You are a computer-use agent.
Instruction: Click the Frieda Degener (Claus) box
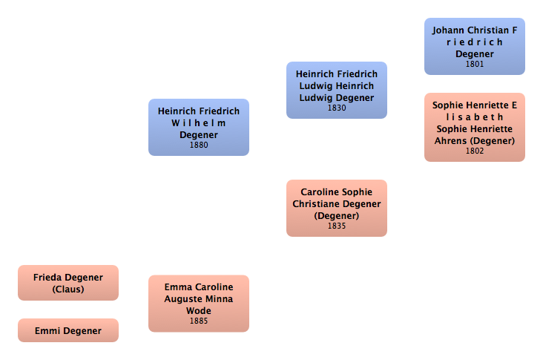(x=68, y=283)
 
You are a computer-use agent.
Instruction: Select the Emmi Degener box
(x=68, y=330)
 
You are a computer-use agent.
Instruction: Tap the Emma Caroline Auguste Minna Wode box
(x=199, y=303)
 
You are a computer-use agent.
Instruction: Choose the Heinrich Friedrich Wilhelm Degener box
(x=199, y=127)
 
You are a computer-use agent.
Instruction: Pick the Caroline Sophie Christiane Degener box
(x=337, y=208)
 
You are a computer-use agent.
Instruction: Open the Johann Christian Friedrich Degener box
(x=475, y=46)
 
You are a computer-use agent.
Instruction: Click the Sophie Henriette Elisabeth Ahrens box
(x=475, y=127)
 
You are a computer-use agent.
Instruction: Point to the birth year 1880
(x=199, y=145)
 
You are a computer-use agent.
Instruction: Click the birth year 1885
(x=199, y=321)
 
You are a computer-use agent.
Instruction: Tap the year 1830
(x=337, y=108)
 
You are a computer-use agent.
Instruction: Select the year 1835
(x=337, y=226)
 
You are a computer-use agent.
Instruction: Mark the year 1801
(x=475, y=65)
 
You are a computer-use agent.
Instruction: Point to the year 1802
(x=475, y=151)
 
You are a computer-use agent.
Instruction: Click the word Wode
(x=199, y=311)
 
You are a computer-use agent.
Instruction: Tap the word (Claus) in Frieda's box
(x=68, y=289)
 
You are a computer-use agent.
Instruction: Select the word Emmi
(x=47, y=331)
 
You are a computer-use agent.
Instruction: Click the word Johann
(x=450, y=30)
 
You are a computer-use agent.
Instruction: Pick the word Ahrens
(x=452, y=141)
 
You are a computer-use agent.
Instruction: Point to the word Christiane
(x=316, y=204)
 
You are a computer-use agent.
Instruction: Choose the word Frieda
(x=48, y=278)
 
